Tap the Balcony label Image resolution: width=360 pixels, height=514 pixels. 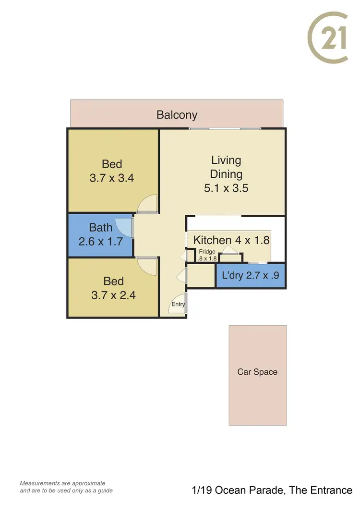coord(177,115)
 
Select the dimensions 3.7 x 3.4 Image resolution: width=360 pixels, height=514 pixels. coord(111,178)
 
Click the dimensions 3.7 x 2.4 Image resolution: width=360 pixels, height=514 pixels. coord(113,295)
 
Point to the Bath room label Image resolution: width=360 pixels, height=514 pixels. coord(101,228)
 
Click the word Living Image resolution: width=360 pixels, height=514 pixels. coord(226,160)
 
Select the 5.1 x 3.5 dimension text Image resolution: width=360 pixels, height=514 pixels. coord(226,188)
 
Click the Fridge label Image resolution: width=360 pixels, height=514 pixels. coord(207,252)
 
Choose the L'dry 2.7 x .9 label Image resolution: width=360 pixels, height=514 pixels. coord(251,276)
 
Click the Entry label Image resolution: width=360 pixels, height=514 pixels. coord(178,304)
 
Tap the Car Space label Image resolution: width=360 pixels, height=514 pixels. coord(257,372)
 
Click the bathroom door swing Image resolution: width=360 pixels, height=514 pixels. coord(125,225)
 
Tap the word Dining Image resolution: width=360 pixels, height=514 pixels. coord(226,174)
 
